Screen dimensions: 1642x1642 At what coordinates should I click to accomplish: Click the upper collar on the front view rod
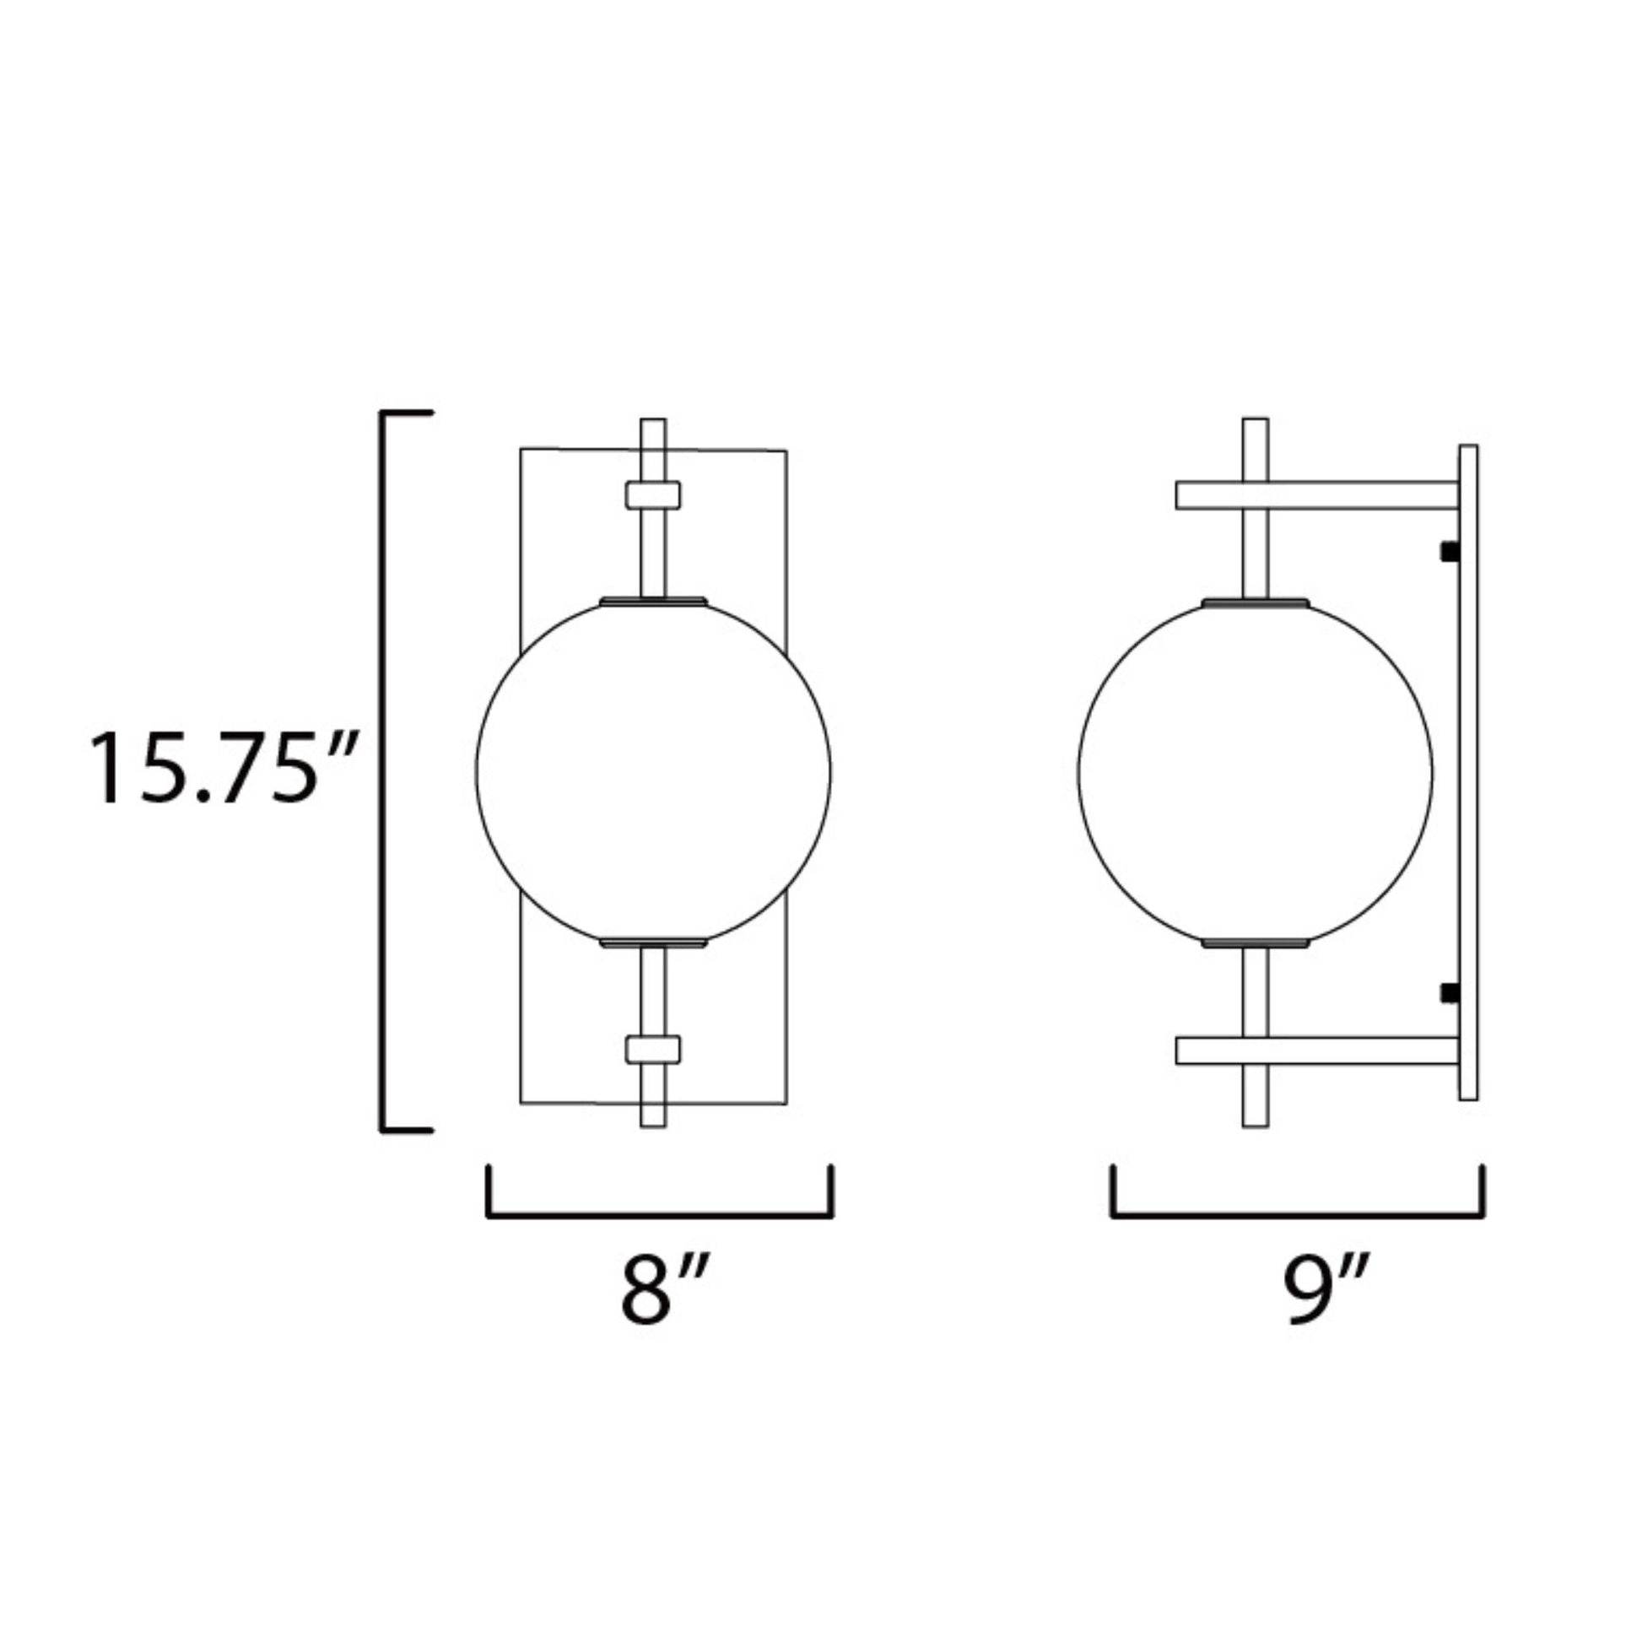(x=653, y=494)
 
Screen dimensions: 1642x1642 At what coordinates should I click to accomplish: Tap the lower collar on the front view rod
(x=653, y=1049)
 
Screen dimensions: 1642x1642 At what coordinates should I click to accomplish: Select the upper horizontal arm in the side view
(x=1317, y=495)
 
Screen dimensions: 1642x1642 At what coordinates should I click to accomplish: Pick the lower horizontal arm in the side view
(x=1317, y=1051)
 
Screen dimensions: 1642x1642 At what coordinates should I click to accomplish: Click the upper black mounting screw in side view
(x=1449, y=552)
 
